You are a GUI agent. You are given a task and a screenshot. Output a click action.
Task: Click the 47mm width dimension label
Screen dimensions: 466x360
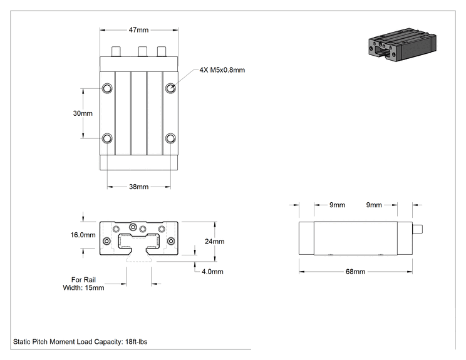pyautogui.click(x=138, y=30)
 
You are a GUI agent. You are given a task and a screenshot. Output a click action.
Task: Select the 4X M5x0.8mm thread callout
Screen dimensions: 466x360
pyautogui.click(x=222, y=70)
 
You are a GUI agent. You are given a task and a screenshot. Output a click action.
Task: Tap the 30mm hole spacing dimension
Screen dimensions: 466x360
pyautogui.click(x=83, y=113)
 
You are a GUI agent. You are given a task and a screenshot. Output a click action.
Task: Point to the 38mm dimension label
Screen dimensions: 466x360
pyautogui.click(x=138, y=187)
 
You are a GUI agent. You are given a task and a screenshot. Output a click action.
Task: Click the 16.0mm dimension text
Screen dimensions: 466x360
pyautogui.click(x=83, y=235)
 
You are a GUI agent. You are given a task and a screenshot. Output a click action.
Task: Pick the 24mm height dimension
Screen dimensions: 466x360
pyautogui.click(x=215, y=242)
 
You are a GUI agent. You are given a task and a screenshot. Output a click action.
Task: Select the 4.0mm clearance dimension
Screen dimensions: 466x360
pyautogui.click(x=212, y=272)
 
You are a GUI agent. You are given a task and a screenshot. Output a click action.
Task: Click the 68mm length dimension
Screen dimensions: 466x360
pyautogui.click(x=355, y=272)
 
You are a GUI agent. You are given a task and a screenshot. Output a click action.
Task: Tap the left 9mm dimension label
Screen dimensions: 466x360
pyautogui.click(x=338, y=205)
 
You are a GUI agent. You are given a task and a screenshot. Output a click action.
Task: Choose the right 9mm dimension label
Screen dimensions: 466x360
pyautogui.click(x=374, y=205)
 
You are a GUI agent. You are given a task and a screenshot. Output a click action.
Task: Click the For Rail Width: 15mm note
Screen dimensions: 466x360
pyautogui.click(x=83, y=284)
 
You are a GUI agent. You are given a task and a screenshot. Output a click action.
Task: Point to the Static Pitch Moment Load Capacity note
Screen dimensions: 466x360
pyautogui.click(x=80, y=342)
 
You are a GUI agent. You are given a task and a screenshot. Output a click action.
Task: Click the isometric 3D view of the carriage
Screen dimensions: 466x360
pyautogui.click(x=402, y=44)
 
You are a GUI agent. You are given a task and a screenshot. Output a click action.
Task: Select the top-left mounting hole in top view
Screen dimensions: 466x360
pyautogui.click(x=107, y=88)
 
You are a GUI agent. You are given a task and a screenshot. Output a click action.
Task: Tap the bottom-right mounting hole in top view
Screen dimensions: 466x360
pyautogui.click(x=170, y=138)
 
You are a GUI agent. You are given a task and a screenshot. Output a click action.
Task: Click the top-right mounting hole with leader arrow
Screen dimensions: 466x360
pyautogui.click(x=170, y=88)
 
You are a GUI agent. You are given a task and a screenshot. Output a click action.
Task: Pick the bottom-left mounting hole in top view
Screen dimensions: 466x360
pyautogui.click(x=107, y=138)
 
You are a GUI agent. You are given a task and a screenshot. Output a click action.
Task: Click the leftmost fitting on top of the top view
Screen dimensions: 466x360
pyautogui.click(x=116, y=51)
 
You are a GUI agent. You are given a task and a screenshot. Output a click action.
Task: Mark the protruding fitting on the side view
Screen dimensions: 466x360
pyautogui.click(x=418, y=229)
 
